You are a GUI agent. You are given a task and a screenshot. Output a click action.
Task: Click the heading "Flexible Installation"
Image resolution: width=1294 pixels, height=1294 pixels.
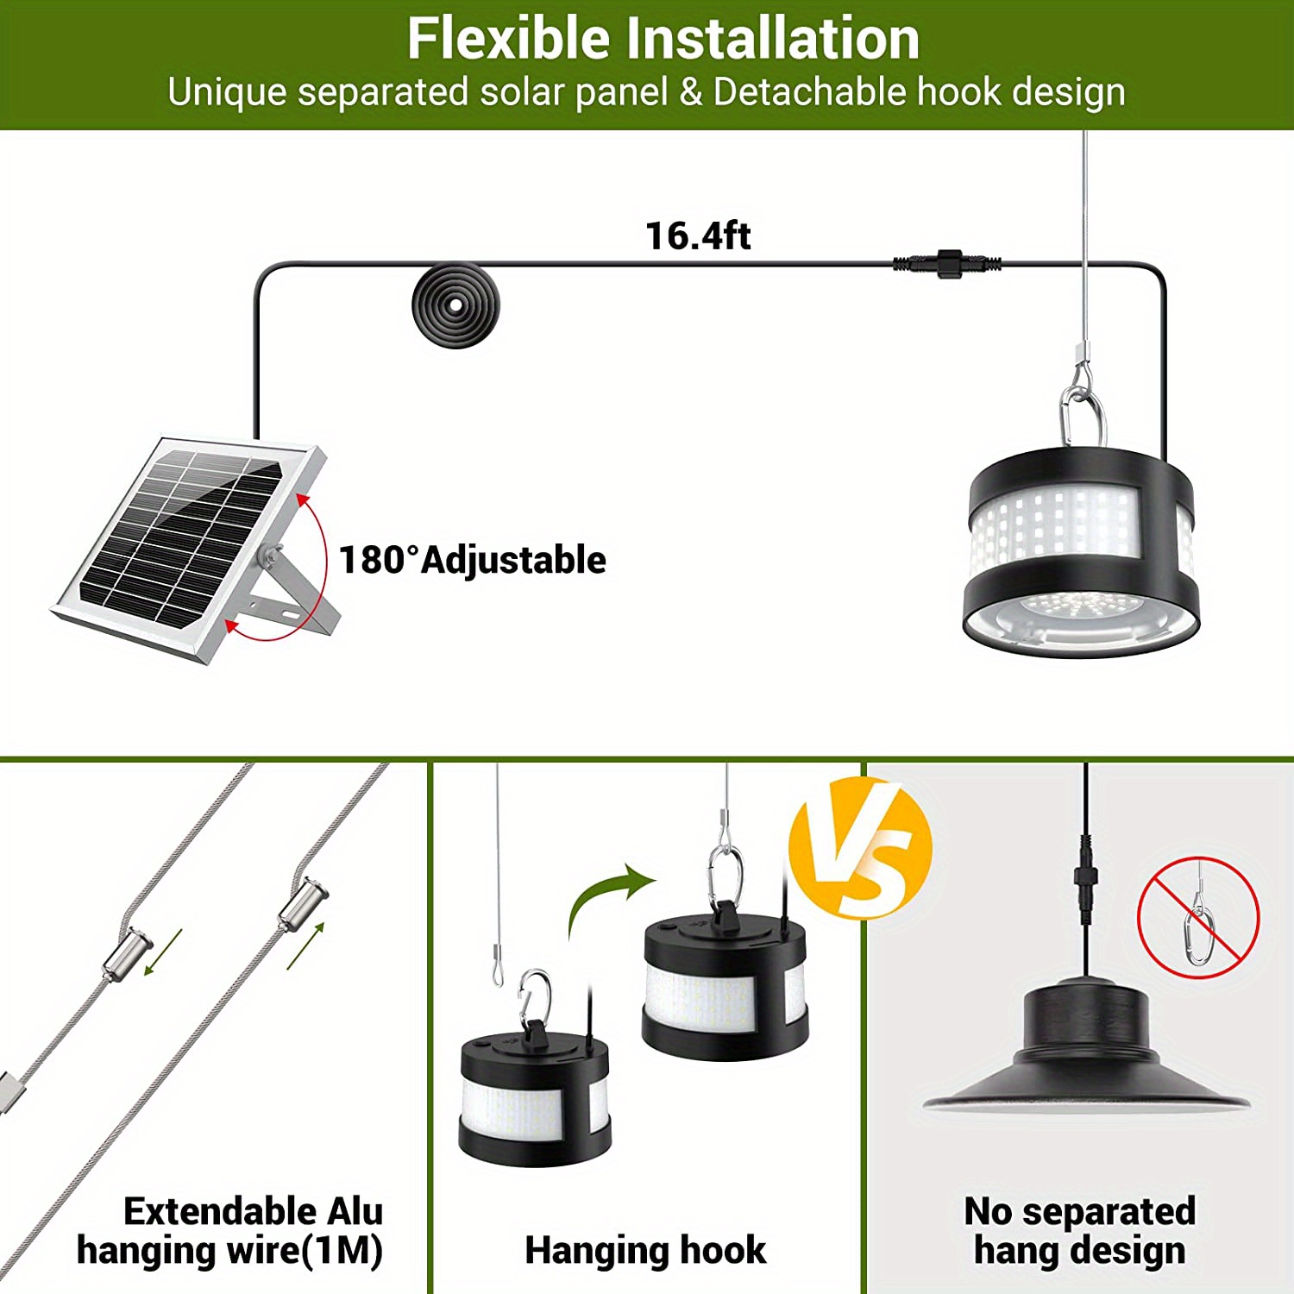coord(663,39)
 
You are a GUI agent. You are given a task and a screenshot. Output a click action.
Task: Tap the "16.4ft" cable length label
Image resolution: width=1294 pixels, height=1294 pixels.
coord(698,236)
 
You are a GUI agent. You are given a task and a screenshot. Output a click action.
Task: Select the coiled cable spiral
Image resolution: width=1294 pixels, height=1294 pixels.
coord(455,305)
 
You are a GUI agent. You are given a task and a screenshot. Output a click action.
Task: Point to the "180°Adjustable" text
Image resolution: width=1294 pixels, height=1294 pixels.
coord(473,560)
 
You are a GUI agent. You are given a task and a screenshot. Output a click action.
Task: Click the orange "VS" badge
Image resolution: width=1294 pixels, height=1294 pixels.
coord(860,847)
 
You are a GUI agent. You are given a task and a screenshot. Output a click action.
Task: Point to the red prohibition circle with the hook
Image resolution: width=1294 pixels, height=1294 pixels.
coord(1198,918)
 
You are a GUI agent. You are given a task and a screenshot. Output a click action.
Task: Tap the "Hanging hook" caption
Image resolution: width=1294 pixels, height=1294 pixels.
coord(645,1250)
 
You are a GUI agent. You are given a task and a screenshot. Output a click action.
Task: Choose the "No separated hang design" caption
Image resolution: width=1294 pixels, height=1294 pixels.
coord(1080,1231)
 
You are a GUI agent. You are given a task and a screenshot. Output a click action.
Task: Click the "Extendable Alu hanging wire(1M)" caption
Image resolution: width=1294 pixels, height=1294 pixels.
coord(231,1231)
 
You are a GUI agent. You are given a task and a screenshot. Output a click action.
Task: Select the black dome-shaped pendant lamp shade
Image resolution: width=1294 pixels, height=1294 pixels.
coord(1086,1052)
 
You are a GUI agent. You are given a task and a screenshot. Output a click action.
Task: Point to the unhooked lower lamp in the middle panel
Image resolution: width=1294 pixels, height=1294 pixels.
coord(535,1096)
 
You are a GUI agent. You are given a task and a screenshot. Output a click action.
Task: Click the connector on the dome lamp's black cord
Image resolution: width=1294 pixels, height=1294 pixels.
coord(1085,878)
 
